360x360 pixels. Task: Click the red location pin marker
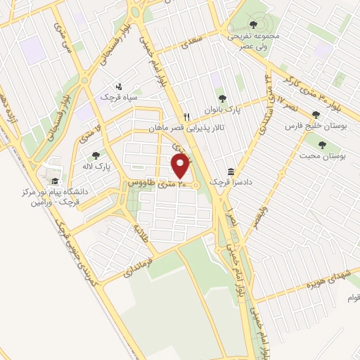point(181,166)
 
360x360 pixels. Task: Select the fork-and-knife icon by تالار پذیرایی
point(186,117)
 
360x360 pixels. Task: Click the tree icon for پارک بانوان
point(223,99)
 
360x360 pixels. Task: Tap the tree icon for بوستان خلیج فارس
point(316,115)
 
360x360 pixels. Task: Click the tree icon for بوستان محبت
point(322,145)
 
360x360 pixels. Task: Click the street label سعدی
point(195,44)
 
